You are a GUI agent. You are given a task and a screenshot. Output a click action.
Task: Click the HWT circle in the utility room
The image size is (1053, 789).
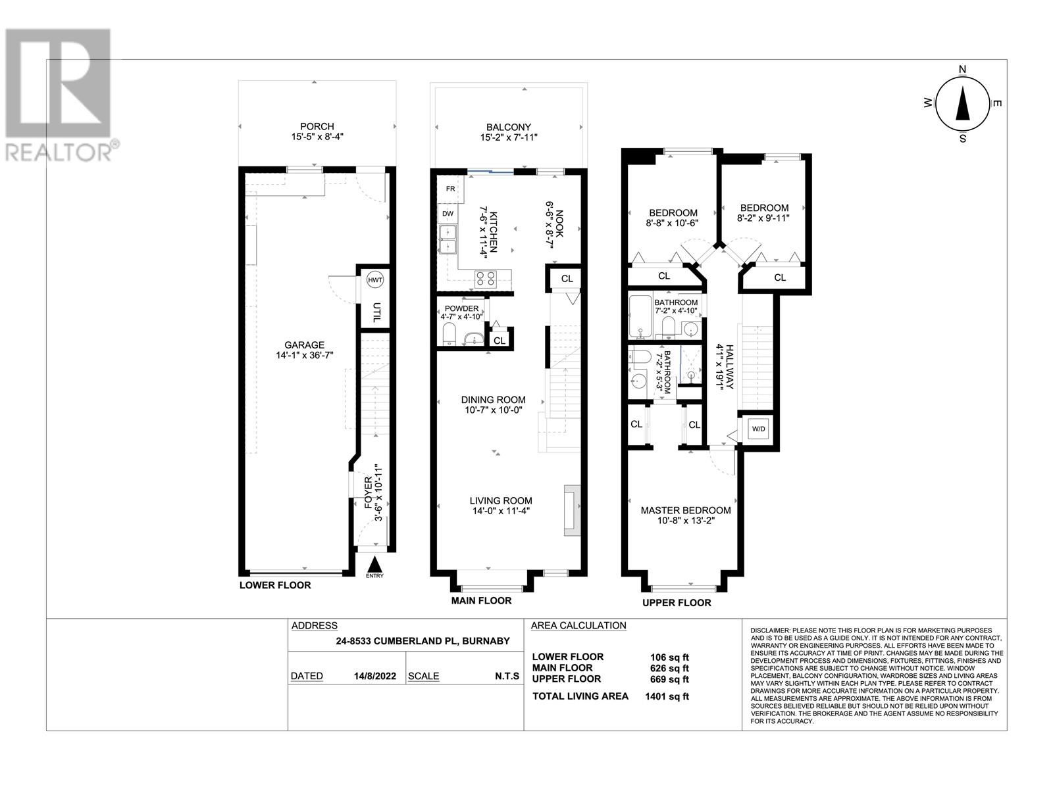coord(374,280)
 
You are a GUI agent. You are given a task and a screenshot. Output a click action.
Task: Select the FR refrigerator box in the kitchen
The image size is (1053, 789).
coord(450,189)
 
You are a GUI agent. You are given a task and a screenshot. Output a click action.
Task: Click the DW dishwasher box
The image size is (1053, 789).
coord(448,214)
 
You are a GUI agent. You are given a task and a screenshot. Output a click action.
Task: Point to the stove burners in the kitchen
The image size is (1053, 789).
coord(485,279)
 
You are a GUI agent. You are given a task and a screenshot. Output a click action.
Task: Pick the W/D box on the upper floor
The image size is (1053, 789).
coord(758,429)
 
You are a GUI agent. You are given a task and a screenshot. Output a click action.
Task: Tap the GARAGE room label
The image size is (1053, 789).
coord(304,345)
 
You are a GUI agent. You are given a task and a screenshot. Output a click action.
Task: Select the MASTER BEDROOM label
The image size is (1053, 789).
coord(686,511)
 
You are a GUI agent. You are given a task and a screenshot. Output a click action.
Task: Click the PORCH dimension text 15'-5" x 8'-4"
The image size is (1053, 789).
coord(317,137)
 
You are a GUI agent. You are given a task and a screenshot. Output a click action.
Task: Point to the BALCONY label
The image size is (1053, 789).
coord(509,128)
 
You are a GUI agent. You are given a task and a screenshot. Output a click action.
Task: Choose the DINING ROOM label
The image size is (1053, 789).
coord(493,400)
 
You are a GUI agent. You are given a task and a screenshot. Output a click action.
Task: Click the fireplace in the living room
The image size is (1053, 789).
coord(572,510)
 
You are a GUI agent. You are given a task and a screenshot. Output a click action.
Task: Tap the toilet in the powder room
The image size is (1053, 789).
coord(449,333)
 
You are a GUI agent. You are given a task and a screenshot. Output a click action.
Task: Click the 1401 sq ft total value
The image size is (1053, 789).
coord(667,696)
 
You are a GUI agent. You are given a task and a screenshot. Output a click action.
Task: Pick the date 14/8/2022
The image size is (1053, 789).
coord(375,676)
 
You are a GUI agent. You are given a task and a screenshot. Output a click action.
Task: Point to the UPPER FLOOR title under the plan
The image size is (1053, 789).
coord(677,603)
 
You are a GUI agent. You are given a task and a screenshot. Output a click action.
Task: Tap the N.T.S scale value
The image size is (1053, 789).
coord(507,676)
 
